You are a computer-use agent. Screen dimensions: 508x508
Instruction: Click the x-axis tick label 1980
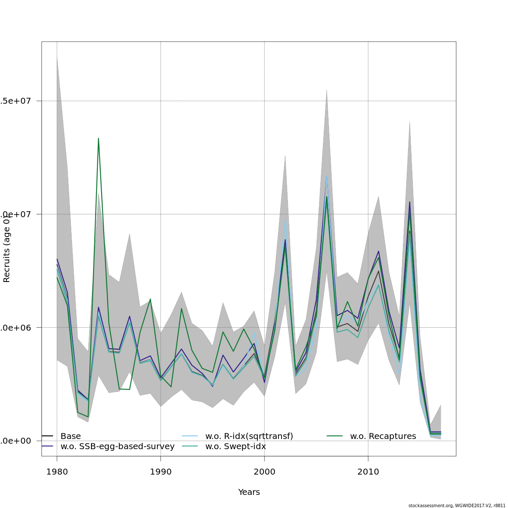point(57,472)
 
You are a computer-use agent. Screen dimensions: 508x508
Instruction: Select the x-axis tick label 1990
point(160,472)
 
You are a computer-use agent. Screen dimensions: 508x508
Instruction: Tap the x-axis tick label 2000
point(264,472)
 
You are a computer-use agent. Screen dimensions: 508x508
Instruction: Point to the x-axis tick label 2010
point(368,472)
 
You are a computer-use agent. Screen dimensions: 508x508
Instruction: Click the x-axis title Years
point(249,492)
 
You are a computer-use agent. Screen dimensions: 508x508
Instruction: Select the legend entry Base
point(70,436)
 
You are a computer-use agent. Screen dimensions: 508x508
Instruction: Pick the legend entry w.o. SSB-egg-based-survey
point(117,447)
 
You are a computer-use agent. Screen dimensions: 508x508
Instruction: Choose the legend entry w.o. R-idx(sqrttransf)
point(249,436)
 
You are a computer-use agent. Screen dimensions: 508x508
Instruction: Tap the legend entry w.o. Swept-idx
point(235,447)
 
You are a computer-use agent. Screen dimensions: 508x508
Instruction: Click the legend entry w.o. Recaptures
point(383,436)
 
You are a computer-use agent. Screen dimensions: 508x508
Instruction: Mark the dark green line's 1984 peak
point(98,138)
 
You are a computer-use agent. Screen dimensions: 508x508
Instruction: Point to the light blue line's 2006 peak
point(326,176)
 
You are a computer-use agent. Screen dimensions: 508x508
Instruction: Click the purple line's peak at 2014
point(409,202)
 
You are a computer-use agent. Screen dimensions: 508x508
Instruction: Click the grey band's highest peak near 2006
point(326,89)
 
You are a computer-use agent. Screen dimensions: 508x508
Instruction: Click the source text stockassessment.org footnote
point(457,505)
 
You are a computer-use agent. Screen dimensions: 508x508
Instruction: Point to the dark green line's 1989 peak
point(150,299)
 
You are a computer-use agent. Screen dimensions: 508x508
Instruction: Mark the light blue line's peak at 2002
point(285,219)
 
